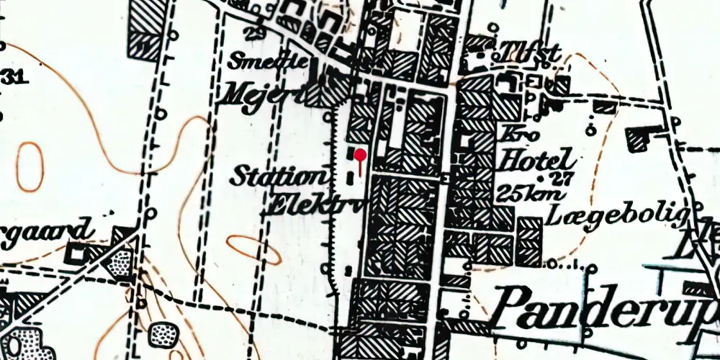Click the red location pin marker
[359, 156]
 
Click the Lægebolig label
[620, 214]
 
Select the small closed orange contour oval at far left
[30, 167]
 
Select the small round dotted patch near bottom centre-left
[163, 334]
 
